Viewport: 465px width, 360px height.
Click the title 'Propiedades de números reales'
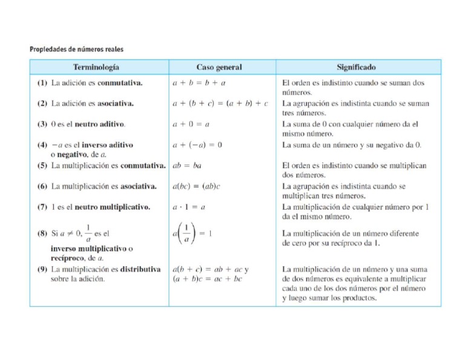click(x=77, y=48)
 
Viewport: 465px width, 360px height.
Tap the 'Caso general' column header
click(x=219, y=67)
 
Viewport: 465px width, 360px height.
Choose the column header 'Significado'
click(x=355, y=67)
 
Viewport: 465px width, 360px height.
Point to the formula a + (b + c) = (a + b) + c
click(x=220, y=104)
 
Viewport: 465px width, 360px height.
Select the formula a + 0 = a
click(x=191, y=124)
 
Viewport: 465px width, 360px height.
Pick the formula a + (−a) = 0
click(x=197, y=145)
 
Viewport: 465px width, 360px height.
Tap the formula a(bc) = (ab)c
click(x=196, y=186)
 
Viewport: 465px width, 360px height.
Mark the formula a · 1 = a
click(x=189, y=207)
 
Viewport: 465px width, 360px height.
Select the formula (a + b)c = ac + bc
click(x=207, y=279)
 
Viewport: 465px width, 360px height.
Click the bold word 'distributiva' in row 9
click(x=140, y=269)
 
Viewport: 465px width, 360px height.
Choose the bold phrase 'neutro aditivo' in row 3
click(x=100, y=124)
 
